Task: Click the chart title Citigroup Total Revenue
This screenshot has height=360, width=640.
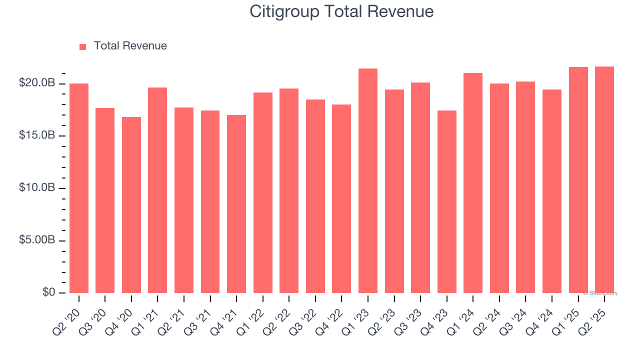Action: tap(341, 11)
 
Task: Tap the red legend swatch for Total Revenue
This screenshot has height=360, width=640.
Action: tap(83, 46)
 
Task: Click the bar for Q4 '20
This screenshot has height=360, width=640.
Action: tap(131, 205)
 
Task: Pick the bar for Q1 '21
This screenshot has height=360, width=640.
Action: tap(157, 190)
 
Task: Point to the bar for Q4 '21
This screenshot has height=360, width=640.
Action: tap(236, 204)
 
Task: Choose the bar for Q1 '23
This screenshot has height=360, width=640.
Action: tap(368, 180)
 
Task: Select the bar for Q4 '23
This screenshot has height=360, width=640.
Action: tap(446, 201)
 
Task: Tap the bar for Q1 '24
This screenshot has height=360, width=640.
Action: tap(473, 183)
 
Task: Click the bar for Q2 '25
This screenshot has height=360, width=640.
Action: tap(604, 179)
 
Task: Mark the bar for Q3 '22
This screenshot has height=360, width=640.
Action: tap(315, 196)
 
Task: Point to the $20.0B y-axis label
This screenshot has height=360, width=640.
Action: tap(37, 83)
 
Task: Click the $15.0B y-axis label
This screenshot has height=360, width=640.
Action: tap(37, 135)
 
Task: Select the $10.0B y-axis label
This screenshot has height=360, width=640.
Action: tap(37, 188)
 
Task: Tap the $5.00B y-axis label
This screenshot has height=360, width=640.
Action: tap(37, 240)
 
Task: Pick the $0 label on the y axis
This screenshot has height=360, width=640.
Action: tap(48, 292)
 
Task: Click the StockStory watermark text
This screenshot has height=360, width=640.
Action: tap(600, 293)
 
